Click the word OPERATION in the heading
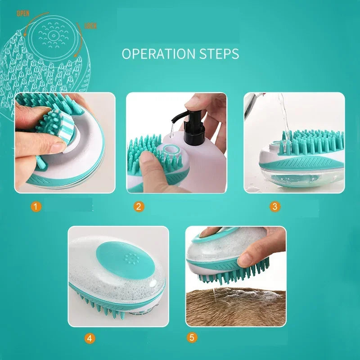pos(153,54)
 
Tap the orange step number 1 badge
pos(36,207)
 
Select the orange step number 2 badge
pos(139,207)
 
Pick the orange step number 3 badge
pos(274,207)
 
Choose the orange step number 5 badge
pos(192,337)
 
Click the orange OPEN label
pos(23,13)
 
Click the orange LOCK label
pos(90,26)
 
